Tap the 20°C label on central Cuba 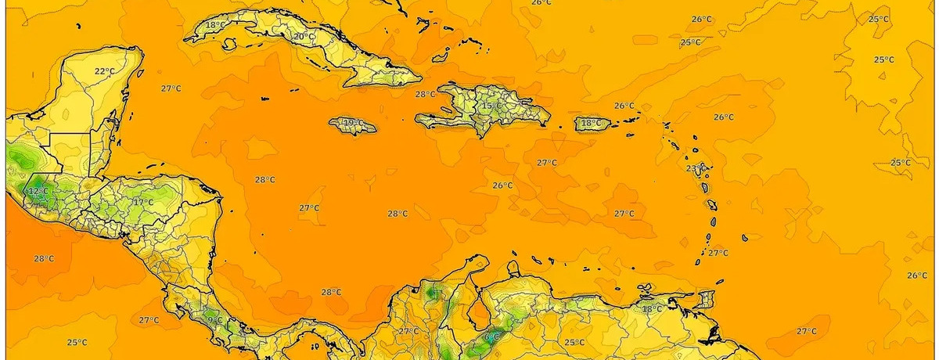tap(304, 37)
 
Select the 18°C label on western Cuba tap(215, 25)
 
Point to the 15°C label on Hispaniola tap(491, 106)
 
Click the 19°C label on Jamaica tap(353, 123)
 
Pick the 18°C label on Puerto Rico tap(592, 123)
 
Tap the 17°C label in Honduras tap(143, 202)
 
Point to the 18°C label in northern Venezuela tap(652, 308)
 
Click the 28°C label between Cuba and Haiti tap(425, 94)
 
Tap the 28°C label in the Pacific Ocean tap(44, 258)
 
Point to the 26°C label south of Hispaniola tap(502, 185)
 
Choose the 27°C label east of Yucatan tap(171, 88)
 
